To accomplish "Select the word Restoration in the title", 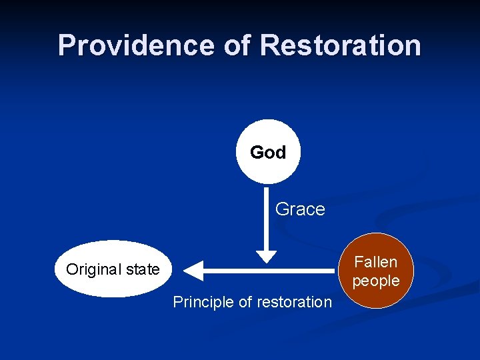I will click(341, 45).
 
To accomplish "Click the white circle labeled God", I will click(268, 152).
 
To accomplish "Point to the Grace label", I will click(300, 209).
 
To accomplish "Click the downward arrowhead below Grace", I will click(266, 255).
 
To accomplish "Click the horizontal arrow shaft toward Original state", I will click(267, 270).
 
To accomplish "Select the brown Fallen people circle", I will click(376, 271).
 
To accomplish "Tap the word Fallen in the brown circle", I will click(376, 262).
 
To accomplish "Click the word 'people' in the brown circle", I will click(376, 281).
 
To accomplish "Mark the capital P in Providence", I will click(66, 45).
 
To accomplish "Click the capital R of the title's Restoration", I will click(270, 45).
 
